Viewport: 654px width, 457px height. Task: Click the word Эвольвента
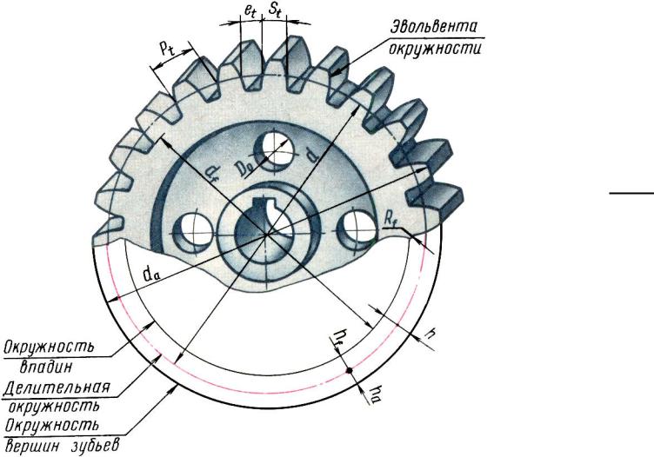coord(433,27)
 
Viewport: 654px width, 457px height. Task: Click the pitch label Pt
coord(168,50)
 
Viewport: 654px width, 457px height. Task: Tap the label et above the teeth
coord(250,11)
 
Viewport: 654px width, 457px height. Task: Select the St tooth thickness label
coord(276,10)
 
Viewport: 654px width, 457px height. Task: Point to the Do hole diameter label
coord(244,168)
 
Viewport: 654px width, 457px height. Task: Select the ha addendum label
coord(375,394)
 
